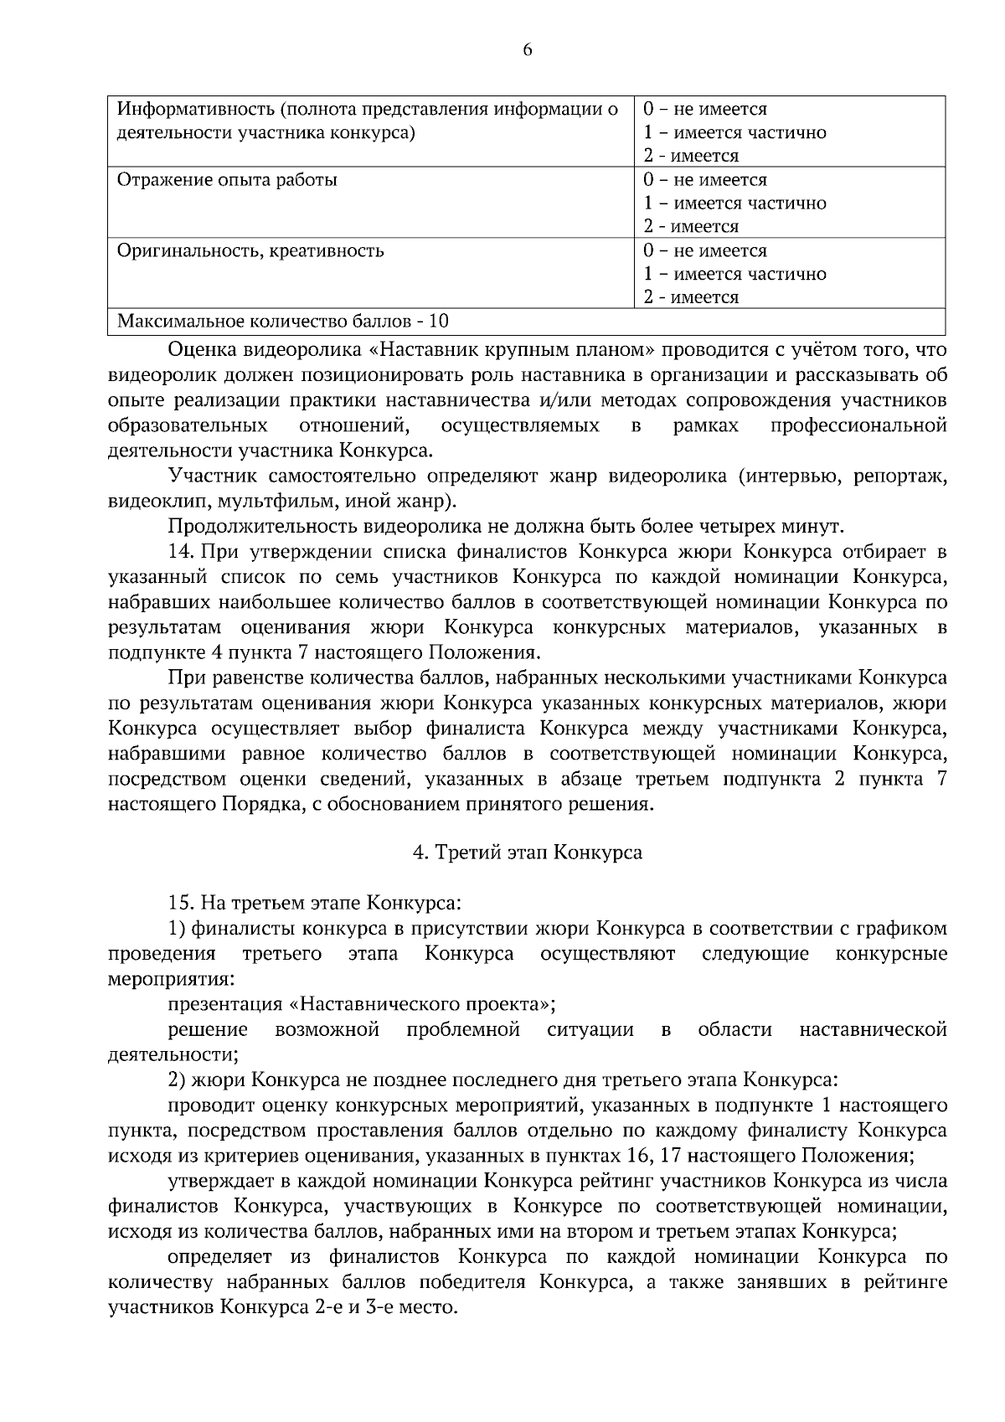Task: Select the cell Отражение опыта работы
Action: click(227, 180)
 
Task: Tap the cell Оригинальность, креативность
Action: click(250, 250)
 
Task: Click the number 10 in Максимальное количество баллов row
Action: click(438, 321)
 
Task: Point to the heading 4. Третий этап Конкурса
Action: click(528, 853)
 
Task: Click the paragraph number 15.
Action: click(181, 903)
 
